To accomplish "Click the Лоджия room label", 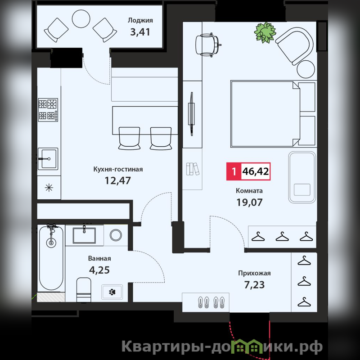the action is (x=140, y=21).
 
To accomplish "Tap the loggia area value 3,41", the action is (x=140, y=32).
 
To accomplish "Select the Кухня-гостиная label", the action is (x=118, y=170).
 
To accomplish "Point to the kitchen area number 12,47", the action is (x=118, y=180).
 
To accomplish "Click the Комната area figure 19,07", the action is (x=249, y=202).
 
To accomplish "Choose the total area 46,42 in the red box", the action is (x=256, y=171).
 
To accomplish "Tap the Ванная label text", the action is (x=99, y=258).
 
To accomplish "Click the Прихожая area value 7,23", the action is (x=254, y=285).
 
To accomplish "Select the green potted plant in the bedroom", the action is (x=265, y=32).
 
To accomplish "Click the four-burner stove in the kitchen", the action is (x=48, y=110).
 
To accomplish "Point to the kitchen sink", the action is (x=48, y=159).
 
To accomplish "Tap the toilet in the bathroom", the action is (x=84, y=290).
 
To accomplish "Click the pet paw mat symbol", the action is (x=112, y=292).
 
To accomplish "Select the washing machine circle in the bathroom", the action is (x=116, y=235).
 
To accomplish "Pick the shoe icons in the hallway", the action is (x=211, y=302).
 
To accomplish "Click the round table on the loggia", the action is (x=81, y=19).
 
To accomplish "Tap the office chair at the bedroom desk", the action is (x=208, y=45).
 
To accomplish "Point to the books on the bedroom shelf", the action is (x=193, y=169).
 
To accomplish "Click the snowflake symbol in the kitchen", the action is (x=49, y=188).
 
